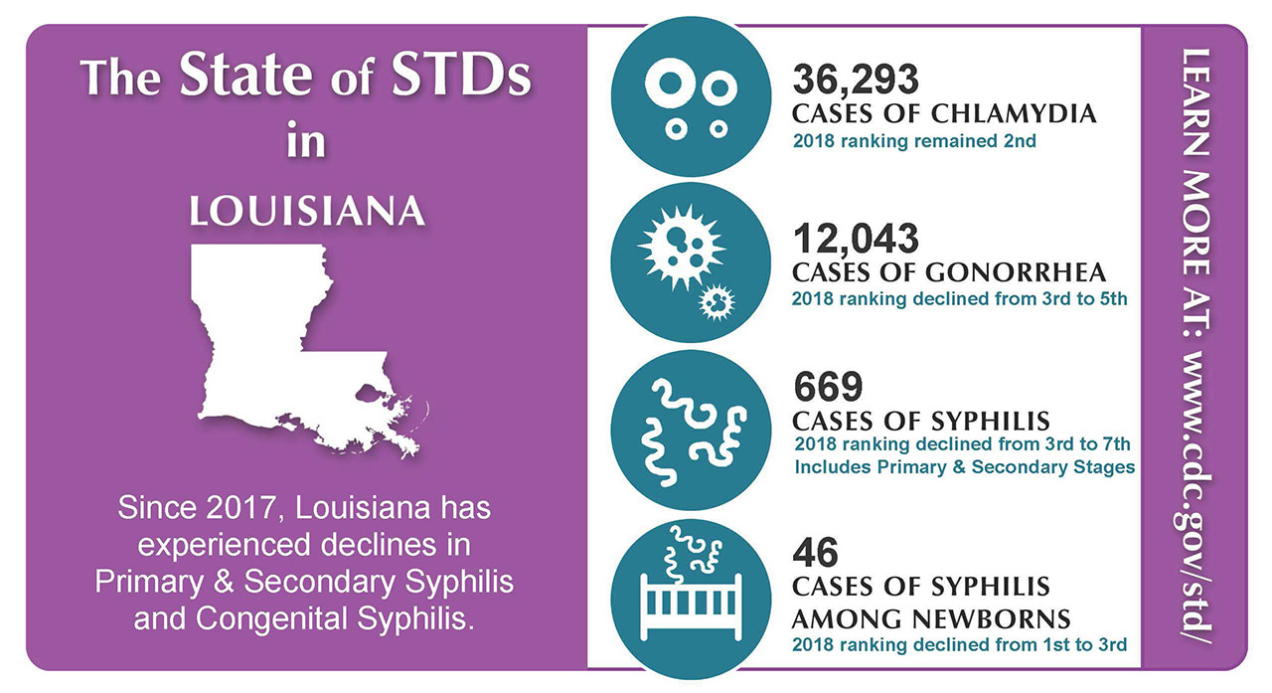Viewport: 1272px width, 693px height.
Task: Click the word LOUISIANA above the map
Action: coord(307,213)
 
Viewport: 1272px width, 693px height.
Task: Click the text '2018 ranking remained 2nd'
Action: coord(914,141)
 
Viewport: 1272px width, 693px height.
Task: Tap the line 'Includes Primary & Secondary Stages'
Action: coord(964,466)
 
